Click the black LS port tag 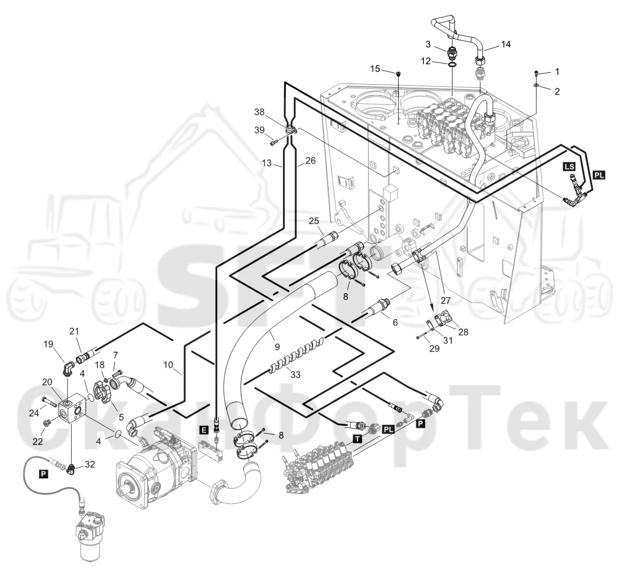pyautogui.click(x=569, y=167)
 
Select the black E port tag pyautogui.click(x=204, y=430)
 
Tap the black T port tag pyautogui.click(x=357, y=439)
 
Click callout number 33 pyautogui.click(x=296, y=374)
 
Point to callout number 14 pyautogui.click(x=506, y=44)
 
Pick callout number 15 pyautogui.click(x=375, y=69)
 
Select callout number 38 pyautogui.click(x=259, y=112)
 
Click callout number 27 pyautogui.click(x=446, y=300)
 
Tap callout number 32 pyautogui.click(x=90, y=464)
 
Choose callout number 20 pyautogui.click(x=47, y=382)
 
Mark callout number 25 pyautogui.click(x=314, y=221)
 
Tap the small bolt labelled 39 pyautogui.click(x=273, y=142)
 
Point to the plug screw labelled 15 pyautogui.click(x=398, y=74)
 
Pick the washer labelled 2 pyautogui.click(x=536, y=85)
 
